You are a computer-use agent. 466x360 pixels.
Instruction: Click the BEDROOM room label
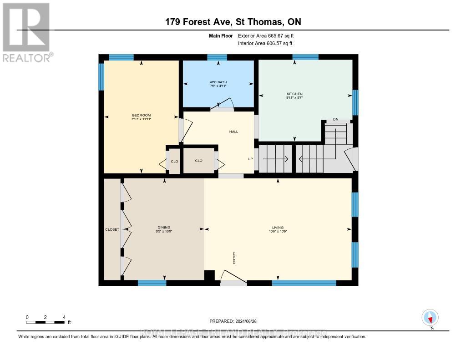(141, 115)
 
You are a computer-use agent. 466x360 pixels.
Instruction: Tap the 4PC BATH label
(218, 82)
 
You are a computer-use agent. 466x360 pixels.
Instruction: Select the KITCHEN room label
(294, 94)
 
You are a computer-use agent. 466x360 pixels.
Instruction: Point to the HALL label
(233, 132)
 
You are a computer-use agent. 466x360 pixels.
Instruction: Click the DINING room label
(164, 228)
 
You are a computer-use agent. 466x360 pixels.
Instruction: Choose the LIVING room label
(278, 228)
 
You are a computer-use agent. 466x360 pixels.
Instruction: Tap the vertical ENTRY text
(234, 259)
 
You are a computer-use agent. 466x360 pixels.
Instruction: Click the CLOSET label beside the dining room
(111, 229)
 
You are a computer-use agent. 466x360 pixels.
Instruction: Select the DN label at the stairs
(336, 119)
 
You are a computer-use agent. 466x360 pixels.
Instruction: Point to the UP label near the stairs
(250, 159)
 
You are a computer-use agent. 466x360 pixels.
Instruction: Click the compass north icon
(430, 317)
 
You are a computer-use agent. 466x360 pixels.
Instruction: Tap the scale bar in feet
(46, 322)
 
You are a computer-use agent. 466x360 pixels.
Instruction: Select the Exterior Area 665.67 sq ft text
(269, 35)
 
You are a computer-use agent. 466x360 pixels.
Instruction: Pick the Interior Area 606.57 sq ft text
(265, 43)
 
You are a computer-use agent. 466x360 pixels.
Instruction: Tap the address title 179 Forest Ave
(233, 22)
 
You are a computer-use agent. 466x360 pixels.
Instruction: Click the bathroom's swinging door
(223, 106)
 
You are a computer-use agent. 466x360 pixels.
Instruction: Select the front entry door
(233, 278)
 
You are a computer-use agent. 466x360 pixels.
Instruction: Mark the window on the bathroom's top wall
(217, 57)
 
